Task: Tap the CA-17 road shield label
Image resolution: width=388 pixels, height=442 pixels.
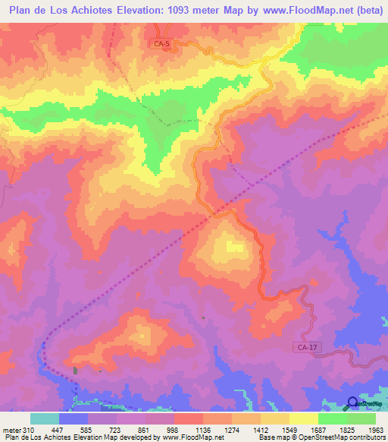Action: pyautogui.click(x=303, y=347)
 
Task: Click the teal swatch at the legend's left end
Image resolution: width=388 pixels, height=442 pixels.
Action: pyautogui.click(x=45, y=419)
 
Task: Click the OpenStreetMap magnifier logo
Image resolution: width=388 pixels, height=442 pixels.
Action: pyautogui.click(x=352, y=403)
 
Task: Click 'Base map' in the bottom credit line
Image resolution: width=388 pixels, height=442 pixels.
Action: pyautogui.click(x=273, y=437)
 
